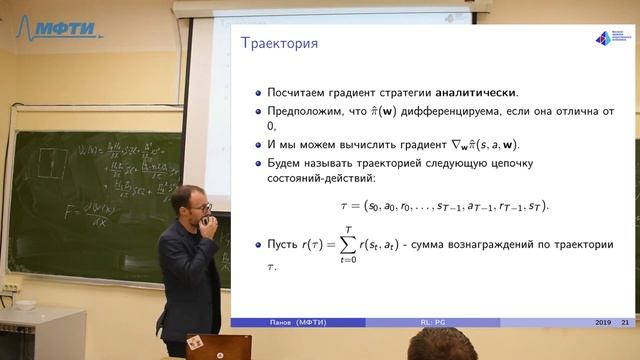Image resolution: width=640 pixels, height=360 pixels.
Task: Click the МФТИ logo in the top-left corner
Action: [x=62, y=28]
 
